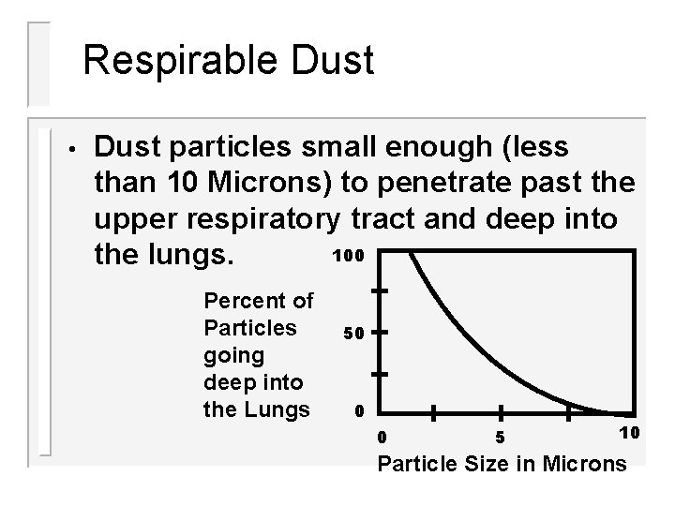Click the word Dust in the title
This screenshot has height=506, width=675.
[x=328, y=61]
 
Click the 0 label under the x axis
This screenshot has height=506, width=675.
[x=380, y=437]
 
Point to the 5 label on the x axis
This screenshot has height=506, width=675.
[x=501, y=437]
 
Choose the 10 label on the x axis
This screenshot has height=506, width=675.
[x=629, y=432]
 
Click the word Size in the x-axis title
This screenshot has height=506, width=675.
[x=487, y=463]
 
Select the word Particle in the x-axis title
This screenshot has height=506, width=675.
[x=419, y=463]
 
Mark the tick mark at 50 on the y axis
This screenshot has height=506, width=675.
[x=380, y=332]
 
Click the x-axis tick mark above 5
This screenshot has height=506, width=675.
[x=501, y=412]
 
